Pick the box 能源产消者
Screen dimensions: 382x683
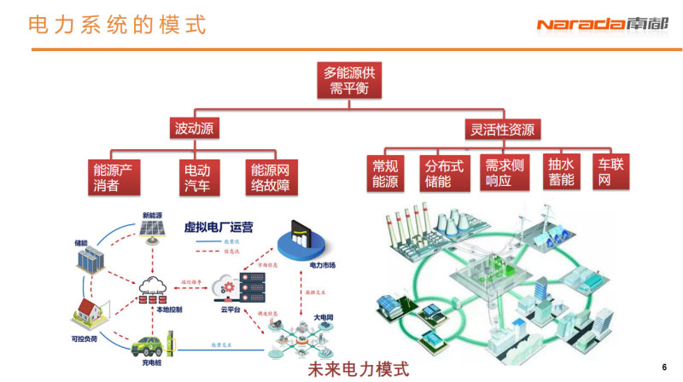point(117,176)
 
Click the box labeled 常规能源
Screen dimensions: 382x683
point(385,173)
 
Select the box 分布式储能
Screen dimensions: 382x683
point(444,173)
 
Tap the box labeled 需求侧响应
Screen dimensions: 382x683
point(504,173)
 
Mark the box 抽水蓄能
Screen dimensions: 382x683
point(561,171)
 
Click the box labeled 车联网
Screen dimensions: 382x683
point(611,171)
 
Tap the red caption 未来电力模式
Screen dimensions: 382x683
point(358,369)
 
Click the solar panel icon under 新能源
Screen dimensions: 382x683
point(153,230)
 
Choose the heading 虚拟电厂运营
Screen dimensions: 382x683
point(219,228)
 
